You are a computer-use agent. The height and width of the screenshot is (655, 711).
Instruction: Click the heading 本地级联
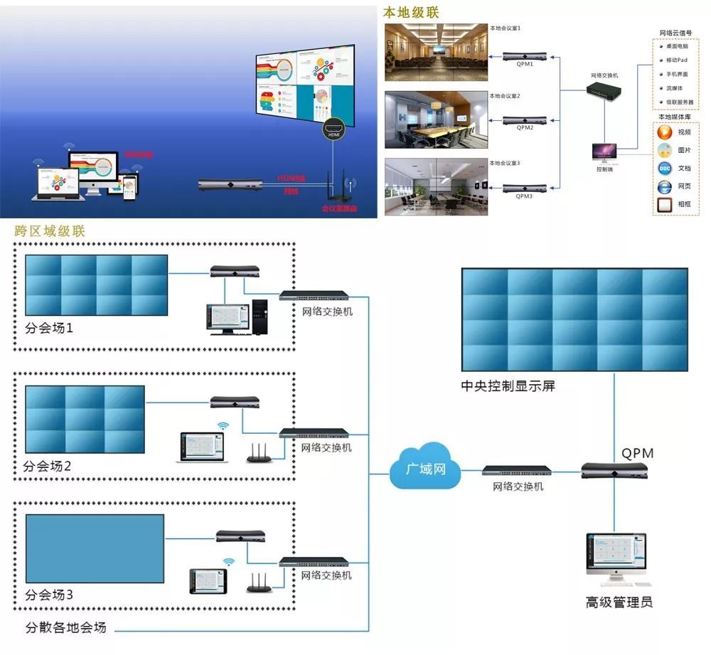(x=412, y=13)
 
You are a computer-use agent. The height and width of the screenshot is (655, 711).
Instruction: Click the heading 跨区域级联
(x=50, y=231)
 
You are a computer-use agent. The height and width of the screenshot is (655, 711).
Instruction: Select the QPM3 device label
(x=525, y=196)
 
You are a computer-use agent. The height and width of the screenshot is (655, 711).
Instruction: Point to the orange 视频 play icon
(x=664, y=132)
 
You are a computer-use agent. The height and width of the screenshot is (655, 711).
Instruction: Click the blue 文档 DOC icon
(x=664, y=169)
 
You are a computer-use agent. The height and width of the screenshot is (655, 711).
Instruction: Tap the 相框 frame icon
(x=664, y=206)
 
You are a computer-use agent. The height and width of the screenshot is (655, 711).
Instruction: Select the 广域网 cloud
(x=424, y=467)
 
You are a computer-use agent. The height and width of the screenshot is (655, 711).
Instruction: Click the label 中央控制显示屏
(x=508, y=386)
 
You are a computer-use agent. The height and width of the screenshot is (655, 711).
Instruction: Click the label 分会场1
(x=49, y=329)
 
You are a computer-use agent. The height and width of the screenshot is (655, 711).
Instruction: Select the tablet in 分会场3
(x=210, y=581)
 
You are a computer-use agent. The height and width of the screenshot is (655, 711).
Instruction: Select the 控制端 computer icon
(x=604, y=152)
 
